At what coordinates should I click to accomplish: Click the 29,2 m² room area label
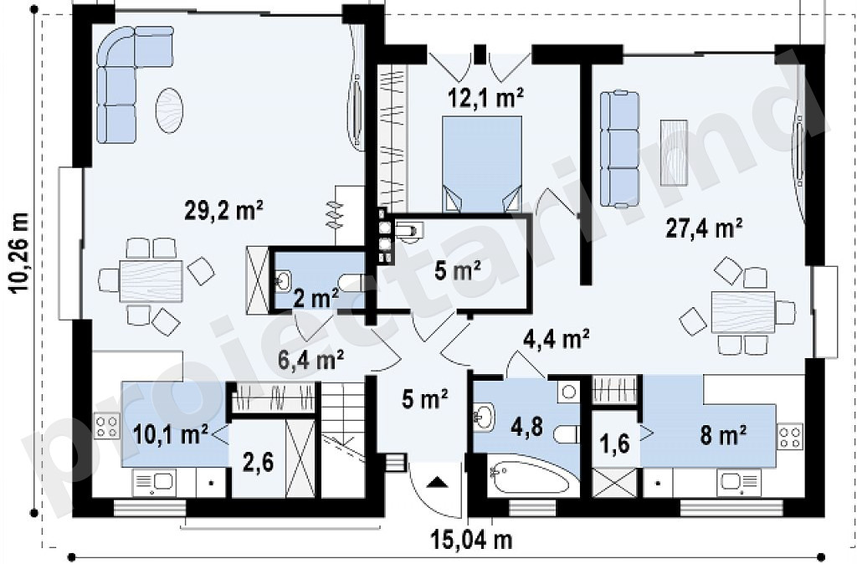[x=224, y=210]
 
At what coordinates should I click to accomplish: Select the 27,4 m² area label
[x=704, y=228]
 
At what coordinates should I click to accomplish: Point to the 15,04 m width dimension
[x=472, y=540]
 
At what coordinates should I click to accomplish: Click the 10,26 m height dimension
[x=20, y=253]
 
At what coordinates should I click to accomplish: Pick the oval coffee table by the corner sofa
[x=169, y=110]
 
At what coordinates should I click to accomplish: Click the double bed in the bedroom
[x=481, y=163]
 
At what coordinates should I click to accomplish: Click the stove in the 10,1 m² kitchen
[x=108, y=426]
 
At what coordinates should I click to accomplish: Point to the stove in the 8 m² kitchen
[x=790, y=436]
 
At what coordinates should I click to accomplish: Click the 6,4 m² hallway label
[x=310, y=360]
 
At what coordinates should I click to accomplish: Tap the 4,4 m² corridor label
[x=556, y=339]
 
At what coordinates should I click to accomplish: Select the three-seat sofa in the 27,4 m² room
[x=620, y=150]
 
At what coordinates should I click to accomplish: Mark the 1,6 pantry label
[x=616, y=444]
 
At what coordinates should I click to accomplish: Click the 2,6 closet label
[x=257, y=462]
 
